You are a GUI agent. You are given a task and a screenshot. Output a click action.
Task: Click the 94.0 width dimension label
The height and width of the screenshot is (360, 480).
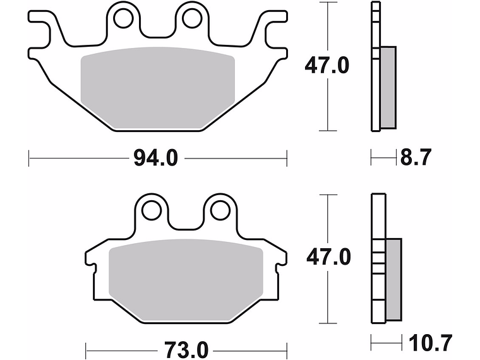pos(155,158)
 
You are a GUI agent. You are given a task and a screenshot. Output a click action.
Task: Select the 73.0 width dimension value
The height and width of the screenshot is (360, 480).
pos(185,348)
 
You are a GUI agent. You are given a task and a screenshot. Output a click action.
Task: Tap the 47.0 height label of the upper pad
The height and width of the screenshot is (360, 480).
pos(327,66)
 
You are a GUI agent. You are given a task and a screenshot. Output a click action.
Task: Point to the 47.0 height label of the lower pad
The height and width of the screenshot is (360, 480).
pos(327,258)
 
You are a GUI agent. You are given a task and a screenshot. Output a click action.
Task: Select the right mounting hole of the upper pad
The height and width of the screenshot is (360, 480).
pos(191,19)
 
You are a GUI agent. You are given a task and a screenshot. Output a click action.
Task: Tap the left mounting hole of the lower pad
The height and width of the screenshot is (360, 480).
pos(151,210)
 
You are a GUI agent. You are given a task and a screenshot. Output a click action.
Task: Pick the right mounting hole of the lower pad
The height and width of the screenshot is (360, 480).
pos(219,210)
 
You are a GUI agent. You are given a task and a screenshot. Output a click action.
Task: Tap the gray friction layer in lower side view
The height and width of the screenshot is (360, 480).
pos(392,278)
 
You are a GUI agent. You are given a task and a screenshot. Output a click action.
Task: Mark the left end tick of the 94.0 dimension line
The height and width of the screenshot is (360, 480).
pos(30,158)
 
